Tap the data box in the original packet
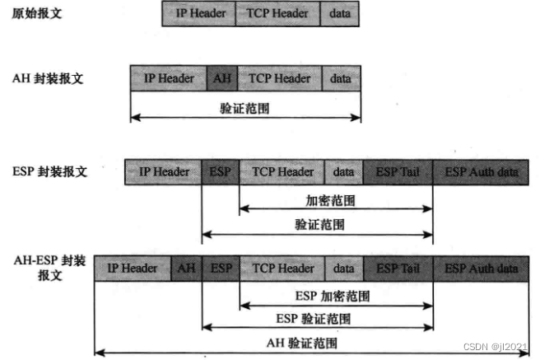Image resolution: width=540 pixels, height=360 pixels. [x=338, y=14]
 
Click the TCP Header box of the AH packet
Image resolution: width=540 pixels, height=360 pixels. [x=280, y=78]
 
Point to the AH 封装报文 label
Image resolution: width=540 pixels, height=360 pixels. [x=48, y=79]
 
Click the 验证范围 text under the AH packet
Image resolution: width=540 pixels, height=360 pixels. [x=244, y=106]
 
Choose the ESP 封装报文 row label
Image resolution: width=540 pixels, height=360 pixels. [x=50, y=172]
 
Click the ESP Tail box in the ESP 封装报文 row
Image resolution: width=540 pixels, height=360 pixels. [x=398, y=172]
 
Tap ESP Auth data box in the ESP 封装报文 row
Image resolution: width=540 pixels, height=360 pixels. [x=481, y=172]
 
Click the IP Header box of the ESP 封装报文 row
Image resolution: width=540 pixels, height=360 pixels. [x=163, y=172]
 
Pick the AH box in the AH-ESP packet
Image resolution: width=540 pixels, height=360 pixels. [x=187, y=269]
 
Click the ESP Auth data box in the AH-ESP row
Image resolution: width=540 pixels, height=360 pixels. [x=481, y=269]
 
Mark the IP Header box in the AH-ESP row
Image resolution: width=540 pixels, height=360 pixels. [x=133, y=269]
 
